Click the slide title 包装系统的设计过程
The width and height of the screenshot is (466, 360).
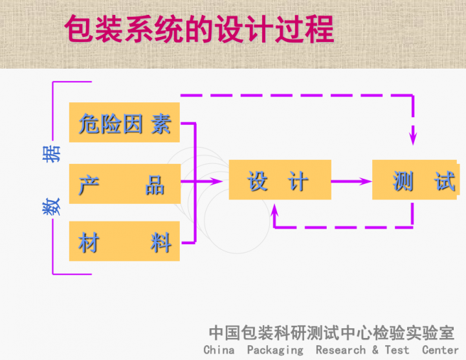[199, 29]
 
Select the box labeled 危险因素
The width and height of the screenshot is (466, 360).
[124, 122]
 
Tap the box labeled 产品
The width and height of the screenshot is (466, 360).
[124, 184]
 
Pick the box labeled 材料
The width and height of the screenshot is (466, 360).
[124, 243]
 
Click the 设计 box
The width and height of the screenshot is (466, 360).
[280, 181]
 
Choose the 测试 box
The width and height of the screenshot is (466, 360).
[418, 180]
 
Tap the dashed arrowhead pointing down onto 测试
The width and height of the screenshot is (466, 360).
[413, 138]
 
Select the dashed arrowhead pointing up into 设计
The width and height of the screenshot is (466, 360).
[276, 209]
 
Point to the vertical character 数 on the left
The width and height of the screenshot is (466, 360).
[52, 207]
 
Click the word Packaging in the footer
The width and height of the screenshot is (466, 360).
[274, 350]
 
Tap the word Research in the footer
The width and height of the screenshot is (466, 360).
[340, 350]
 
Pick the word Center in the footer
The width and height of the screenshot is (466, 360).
[440, 350]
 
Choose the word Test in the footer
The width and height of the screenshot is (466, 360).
[397, 350]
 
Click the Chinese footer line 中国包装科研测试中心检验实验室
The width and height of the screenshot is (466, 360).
[331, 333]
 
